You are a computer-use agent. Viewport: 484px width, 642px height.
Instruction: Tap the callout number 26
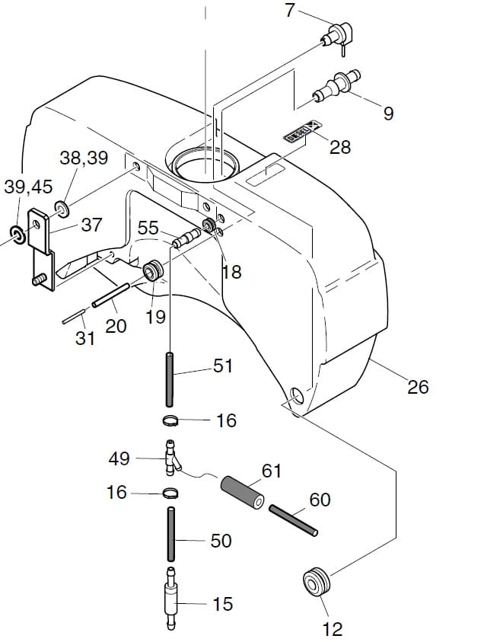[x=418, y=387]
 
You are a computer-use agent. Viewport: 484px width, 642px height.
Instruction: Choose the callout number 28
[x=340, y=147]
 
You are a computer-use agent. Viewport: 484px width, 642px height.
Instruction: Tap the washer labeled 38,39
[x=63, y=207]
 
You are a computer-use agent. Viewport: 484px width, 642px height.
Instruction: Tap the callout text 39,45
[x=29, y=187]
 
